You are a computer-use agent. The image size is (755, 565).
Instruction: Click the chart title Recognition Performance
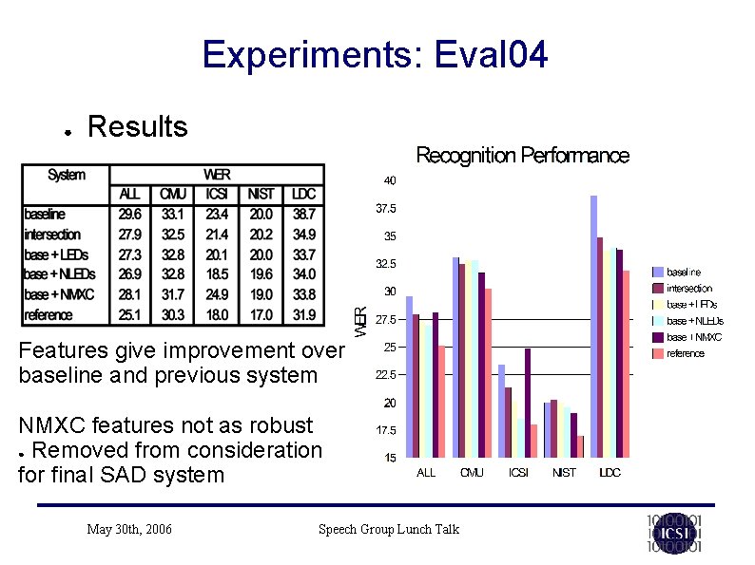click(522, 156)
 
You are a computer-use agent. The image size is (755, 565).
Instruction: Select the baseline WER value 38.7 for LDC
click(303, 215)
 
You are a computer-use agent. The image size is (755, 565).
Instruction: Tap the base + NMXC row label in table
click(59, 294)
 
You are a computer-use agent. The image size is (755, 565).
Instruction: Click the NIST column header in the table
click(260, 195)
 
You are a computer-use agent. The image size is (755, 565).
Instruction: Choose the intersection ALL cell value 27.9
click(130, 235)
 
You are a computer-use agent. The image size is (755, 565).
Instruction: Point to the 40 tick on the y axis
click(390, 180)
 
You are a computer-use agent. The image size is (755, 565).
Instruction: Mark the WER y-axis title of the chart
click(360, 320)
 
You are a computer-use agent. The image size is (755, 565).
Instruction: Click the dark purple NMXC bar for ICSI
click(527, 404)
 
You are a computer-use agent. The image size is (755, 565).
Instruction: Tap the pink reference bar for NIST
click(580, 446)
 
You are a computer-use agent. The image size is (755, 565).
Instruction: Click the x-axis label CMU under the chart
click(472, 473)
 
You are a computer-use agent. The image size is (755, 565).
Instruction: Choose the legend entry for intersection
click(688, 288)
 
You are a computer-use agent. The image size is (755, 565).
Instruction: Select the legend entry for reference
click(685, 353)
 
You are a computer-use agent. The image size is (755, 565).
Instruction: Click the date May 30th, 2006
click(128, 529)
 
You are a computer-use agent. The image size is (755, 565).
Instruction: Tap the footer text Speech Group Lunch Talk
click(388, 529)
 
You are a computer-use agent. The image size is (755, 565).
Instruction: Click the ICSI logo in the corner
click(673, 533)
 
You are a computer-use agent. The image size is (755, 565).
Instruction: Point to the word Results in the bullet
click(137, 126)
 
